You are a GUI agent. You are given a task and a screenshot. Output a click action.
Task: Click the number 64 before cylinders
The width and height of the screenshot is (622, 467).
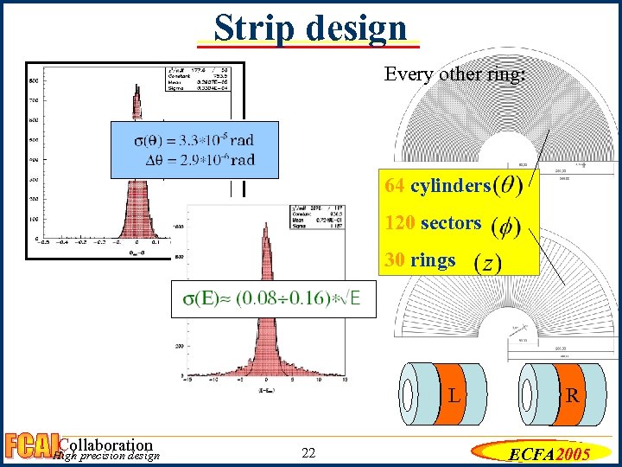pyautogui.click(x=396, y=186)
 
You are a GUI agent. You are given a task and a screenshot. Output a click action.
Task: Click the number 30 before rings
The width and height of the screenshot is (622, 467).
pyautogui.click(x=396, y=260)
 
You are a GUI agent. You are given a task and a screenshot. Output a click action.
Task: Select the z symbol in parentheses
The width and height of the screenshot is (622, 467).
pyautogui.click(x=487, y=263)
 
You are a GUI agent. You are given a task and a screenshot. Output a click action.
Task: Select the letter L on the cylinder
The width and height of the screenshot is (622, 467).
pyautogui.click(x=453, y=397)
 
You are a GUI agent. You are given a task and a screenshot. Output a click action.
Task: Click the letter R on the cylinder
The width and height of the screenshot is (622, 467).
pyautogui.click(x=572, y=397)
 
